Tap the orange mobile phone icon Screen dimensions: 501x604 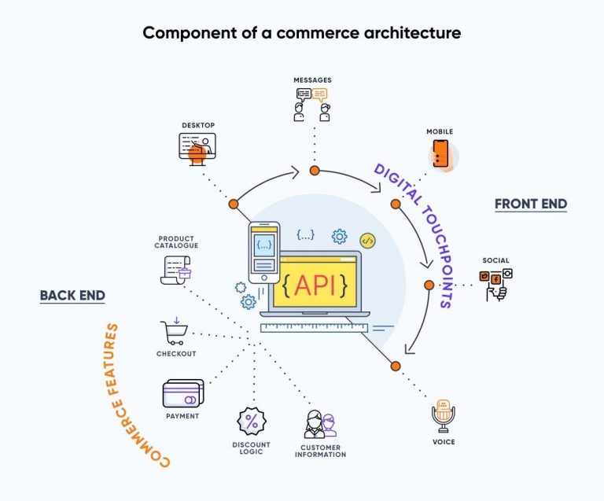coord(441,153)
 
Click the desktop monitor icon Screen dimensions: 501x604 coord(197,147)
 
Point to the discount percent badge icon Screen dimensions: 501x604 coord(252,422)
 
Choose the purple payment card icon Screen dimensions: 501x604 coord(182,393)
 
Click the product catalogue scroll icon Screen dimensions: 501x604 coord(174,270)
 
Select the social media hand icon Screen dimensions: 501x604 coord(495,284)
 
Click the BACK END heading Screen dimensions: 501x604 coord(72,296)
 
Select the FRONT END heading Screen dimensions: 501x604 coord(530,204)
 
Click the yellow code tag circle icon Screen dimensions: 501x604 coord(366,241)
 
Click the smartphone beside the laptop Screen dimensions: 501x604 coord(264,252)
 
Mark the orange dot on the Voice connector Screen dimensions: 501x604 coord(396,366)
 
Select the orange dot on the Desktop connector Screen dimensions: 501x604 coord(234,204)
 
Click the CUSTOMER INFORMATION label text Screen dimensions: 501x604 coord(319,451)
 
